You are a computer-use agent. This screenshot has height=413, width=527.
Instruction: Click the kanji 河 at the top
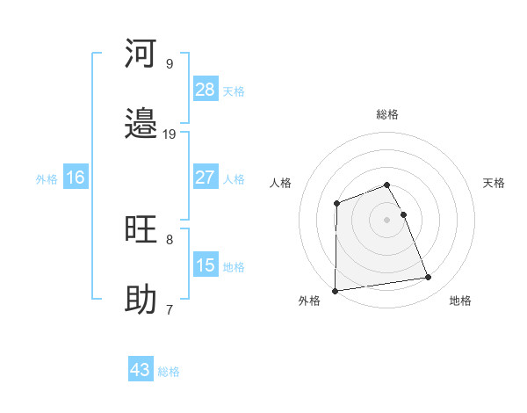pos(141,54)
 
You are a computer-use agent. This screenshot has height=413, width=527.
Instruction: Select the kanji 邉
pos(141,125)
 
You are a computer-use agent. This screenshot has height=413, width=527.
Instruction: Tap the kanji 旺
pos(141,229)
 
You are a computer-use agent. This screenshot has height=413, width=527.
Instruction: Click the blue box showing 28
pos(206,90)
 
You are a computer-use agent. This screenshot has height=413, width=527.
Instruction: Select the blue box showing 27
pos(206,178)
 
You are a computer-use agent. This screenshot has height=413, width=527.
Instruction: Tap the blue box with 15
pos(206,265)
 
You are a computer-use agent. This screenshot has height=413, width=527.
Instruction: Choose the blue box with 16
pos(76,178)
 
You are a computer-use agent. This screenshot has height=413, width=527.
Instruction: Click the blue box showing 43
pos(141,370)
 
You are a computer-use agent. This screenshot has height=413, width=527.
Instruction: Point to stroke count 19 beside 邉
pos(170,134)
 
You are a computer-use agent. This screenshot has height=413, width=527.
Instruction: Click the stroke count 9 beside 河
pos(169,63)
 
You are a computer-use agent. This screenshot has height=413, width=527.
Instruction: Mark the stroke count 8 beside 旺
pos(169,239)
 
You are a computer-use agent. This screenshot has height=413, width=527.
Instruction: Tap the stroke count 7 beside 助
pos(169,309)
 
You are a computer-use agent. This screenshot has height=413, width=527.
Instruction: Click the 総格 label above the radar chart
pos(387,114)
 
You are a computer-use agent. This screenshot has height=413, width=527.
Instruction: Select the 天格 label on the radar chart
pos(495,183)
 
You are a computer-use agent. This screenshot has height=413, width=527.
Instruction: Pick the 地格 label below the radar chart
pos(460,301)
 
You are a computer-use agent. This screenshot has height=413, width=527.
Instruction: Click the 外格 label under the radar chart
pos(309,301)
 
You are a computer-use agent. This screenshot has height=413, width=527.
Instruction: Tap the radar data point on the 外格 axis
pos(336,290)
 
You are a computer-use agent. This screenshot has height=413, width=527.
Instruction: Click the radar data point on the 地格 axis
pos(429,278)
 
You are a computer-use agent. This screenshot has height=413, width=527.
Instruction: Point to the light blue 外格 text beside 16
pos(47,178)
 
